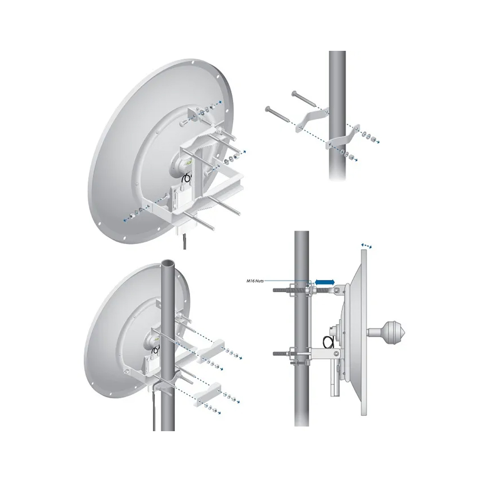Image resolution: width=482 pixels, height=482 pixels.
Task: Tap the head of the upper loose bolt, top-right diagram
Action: coord(292,92)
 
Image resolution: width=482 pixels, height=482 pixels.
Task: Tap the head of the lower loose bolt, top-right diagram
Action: coord(266,108)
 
